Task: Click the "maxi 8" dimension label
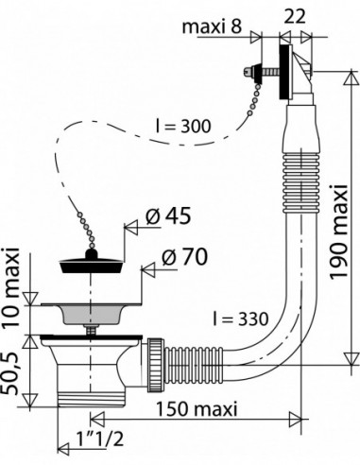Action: point(212,26)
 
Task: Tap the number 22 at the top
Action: point(295,17)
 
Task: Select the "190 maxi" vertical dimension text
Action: point(339,232)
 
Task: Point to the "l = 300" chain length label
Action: point(183,127)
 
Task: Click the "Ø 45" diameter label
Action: point(168,216)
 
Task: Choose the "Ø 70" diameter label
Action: point(185,257)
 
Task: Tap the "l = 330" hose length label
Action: point(240,319)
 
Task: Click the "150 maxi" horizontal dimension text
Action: point(197,409)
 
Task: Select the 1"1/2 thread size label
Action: point(100,439)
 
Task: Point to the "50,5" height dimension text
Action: point(10,373)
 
